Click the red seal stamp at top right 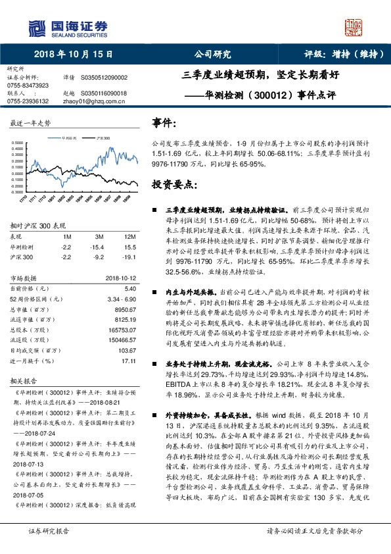[x=354, y=27]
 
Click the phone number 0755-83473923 [x=28, y=86]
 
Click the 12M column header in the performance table [x=129, y=236]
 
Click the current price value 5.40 [x=129, y=288]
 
